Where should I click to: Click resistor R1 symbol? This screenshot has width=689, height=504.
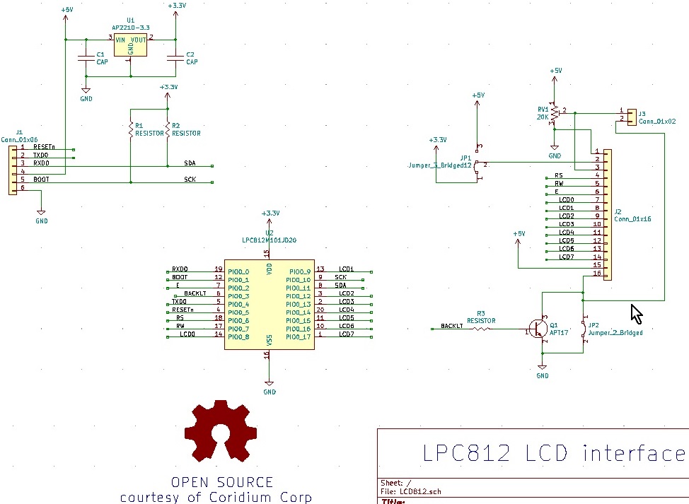pos(130,129)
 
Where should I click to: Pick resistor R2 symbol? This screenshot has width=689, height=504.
pos(167,129)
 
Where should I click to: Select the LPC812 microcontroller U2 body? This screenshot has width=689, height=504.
pos(269,304)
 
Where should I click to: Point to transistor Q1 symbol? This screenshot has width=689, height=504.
pos(540,329)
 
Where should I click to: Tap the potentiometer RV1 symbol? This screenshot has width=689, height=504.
pos(556,112)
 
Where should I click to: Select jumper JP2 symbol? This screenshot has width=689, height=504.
pos(584,329)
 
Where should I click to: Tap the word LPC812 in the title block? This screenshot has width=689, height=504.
pos(465,453)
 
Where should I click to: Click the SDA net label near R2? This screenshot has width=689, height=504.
pos(190,163)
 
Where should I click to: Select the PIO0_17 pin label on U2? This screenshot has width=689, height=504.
pos(299,337)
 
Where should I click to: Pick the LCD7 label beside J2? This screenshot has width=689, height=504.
pos(566,257)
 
